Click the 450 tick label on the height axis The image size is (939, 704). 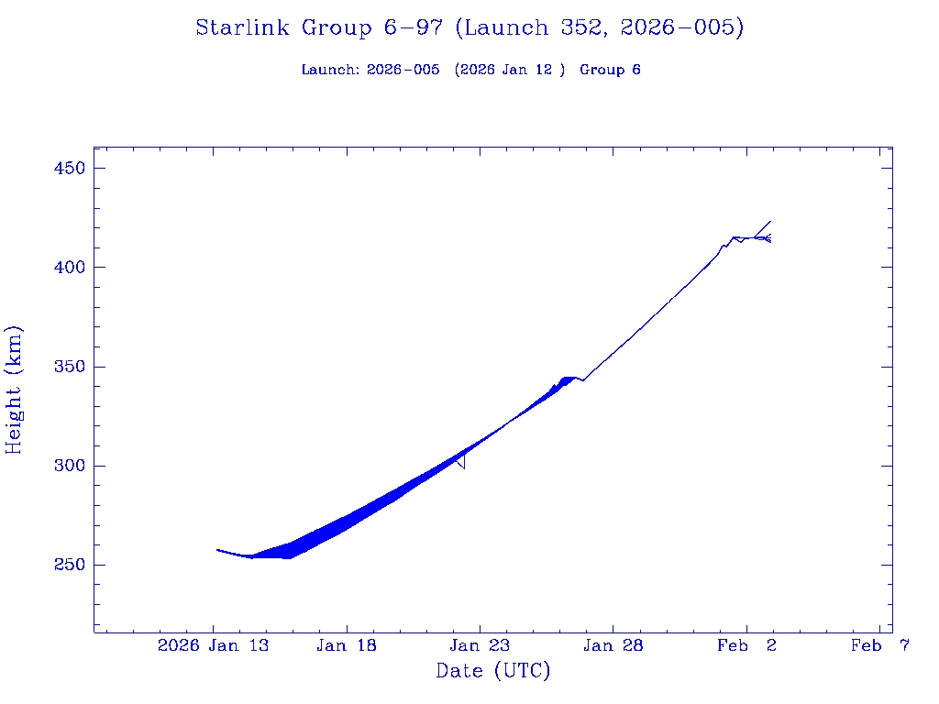70,169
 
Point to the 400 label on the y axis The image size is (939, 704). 70,268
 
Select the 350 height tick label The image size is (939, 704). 70,367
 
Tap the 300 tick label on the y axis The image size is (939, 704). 70,466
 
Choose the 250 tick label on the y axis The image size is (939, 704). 70,565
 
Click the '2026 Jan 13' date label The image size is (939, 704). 214,646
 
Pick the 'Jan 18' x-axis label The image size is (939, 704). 347,646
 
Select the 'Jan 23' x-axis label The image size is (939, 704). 480,646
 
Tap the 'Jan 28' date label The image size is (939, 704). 613,646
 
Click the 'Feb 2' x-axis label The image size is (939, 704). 746,646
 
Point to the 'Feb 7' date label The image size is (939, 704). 879,646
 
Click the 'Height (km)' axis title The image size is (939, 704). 15,390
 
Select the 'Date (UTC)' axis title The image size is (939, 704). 492,672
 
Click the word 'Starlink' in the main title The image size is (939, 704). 245,28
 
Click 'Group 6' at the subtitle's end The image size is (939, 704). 610,70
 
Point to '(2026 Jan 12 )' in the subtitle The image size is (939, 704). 509,70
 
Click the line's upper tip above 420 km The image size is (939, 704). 770,221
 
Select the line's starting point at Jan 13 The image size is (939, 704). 217,550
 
